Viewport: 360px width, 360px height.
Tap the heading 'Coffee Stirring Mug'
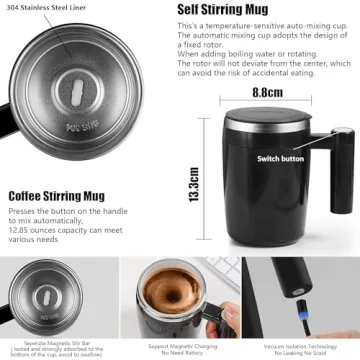pos(61,196)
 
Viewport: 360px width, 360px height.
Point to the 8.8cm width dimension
pos(267,92)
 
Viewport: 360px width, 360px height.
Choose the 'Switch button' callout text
pos(281,158)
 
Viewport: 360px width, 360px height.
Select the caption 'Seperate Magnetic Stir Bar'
pos(60,341)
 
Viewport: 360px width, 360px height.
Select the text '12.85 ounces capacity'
pos(46,228)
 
